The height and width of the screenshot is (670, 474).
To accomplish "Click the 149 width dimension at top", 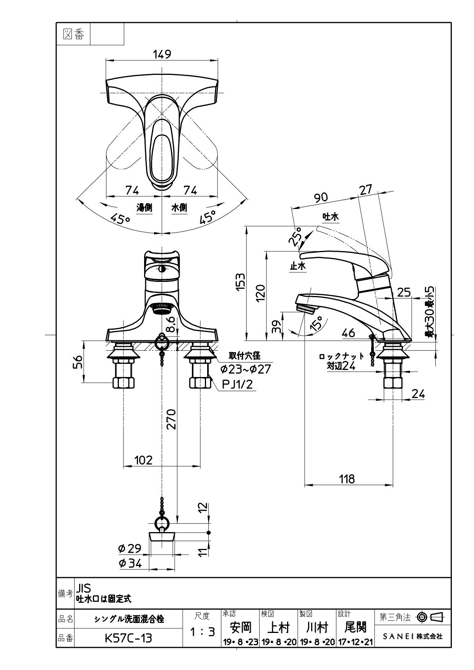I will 162,54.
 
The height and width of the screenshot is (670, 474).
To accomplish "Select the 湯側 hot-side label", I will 144,207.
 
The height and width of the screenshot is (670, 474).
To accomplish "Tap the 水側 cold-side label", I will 179,207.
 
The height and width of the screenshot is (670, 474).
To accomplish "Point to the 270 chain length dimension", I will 172,419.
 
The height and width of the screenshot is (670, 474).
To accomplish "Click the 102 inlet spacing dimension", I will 143,460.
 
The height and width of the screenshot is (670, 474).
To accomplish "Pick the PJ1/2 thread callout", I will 237,384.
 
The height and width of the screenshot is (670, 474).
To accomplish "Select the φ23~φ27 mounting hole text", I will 245,369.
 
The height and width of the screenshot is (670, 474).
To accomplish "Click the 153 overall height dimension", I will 240,282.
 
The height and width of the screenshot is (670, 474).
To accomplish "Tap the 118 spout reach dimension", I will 347,479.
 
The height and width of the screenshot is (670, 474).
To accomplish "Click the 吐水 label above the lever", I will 331,217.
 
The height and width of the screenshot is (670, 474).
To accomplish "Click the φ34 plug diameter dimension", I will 130,563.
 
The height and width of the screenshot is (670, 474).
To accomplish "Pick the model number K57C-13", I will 128,638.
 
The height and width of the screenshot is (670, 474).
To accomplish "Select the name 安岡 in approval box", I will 240,627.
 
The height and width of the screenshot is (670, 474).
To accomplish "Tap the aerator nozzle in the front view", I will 162,308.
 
